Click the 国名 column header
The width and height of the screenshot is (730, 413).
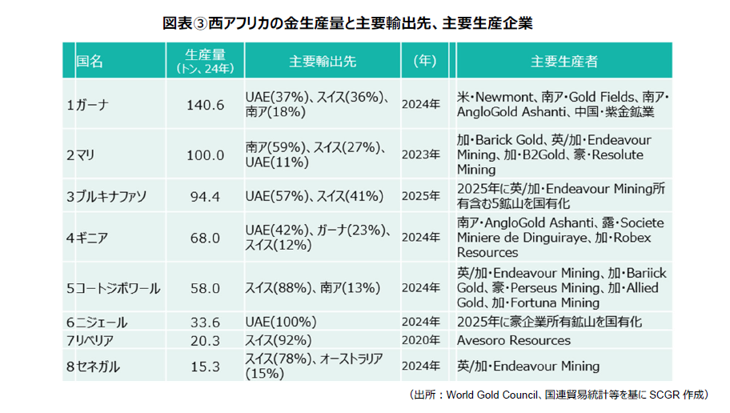(90, 61)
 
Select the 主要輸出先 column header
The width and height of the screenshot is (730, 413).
(323, 61)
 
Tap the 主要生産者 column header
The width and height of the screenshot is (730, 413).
(564, 61)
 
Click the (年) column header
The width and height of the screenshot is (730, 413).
(425, 61)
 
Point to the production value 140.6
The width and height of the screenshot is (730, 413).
(205, 105)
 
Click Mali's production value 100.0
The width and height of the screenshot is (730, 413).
(205, 155)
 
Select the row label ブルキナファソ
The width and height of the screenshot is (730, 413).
(111, 196)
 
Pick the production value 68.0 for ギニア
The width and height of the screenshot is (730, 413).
(205, 238)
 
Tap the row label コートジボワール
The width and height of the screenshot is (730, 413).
(118, 288)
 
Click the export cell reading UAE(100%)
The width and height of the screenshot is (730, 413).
(281, 322)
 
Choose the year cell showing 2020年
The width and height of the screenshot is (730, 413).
(421, 340)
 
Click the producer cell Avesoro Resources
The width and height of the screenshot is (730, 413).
(514, 340)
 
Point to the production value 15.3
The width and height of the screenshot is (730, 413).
(205, 367)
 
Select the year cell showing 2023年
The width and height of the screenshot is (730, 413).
(421, 154)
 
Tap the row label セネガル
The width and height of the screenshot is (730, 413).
(98, 367)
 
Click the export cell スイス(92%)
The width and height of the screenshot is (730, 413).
(279, 340)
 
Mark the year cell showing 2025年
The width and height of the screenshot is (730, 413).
(421, 196)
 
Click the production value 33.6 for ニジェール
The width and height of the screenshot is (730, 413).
(205, 323)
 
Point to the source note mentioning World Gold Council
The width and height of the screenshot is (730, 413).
(559, 395)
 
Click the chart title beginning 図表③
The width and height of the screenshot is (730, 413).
(347, 23)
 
